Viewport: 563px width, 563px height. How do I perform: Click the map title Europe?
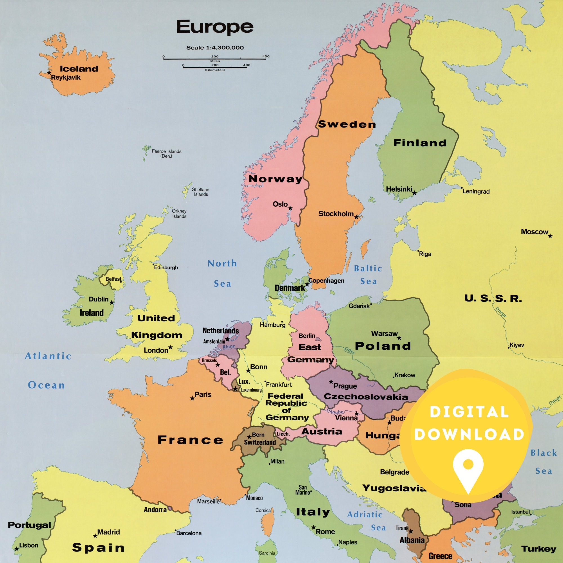215,27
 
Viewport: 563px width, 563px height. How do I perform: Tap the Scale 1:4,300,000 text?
215,48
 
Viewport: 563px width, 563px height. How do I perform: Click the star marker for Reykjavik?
49,73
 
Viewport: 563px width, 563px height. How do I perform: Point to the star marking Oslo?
290,208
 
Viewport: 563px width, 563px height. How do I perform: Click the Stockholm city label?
336,214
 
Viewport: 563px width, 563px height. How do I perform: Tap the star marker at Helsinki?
414,193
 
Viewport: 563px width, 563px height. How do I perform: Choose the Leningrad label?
476,191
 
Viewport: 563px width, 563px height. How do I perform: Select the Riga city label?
425,254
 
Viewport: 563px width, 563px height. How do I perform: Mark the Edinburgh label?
166,267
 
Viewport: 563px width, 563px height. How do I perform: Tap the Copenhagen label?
326,281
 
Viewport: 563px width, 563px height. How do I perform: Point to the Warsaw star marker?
399,338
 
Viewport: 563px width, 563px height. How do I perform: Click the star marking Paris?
192,398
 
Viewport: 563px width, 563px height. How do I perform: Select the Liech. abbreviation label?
283,434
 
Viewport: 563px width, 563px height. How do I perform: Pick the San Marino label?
303,490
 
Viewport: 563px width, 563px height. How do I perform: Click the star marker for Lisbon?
17,549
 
